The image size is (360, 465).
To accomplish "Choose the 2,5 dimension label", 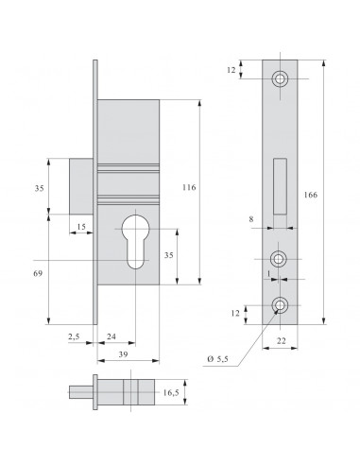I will coord(73,334).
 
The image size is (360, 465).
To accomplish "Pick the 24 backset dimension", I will coord(111,334).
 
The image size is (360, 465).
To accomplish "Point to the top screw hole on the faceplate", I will coord(280,79).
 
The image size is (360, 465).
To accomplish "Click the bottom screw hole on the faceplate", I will coord(280,304).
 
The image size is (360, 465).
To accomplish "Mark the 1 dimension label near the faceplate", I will coord(269,273).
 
